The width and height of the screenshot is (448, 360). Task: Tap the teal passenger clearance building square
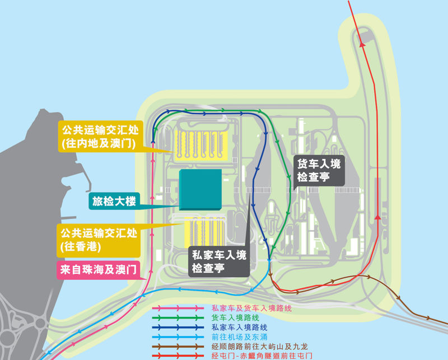[200, 190]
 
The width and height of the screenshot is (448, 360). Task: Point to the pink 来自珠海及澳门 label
[97, 269]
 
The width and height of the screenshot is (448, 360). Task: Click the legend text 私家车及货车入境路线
[251, 308]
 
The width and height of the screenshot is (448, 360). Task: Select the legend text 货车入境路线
[231, 317]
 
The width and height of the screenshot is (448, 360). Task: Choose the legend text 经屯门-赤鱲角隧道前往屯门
[261, 356]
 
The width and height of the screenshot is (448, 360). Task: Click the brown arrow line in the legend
[179, 347]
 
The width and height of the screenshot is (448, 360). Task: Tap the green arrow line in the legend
[179, 317]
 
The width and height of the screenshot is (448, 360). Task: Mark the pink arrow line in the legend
[179, 308]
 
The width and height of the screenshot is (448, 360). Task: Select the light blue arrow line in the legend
[179, 336]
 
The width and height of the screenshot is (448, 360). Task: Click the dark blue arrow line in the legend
[179, 327]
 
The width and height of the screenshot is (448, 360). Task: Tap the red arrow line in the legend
[179, 356]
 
